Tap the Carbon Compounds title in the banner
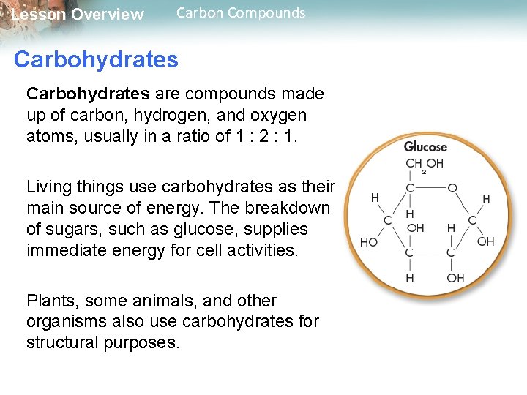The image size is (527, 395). (x=241, y=12)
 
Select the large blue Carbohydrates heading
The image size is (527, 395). (x=96, y=59)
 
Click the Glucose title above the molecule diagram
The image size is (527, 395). (x=425, y=146)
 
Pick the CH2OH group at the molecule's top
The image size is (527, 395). (x=425, y=165)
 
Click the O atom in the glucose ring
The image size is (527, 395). (x=452, y=189)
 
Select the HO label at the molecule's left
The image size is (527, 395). (x=369, y=241)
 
